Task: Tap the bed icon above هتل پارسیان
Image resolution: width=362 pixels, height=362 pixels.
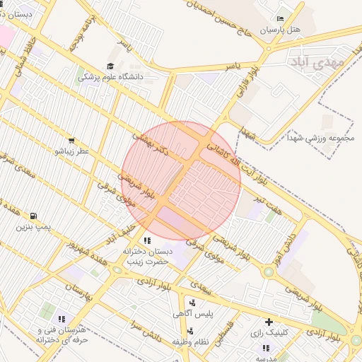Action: click(281, 18)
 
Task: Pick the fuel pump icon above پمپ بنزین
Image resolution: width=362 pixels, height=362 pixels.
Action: click(33, 216)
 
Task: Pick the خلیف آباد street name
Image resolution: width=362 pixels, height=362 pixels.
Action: click(120, 232)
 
